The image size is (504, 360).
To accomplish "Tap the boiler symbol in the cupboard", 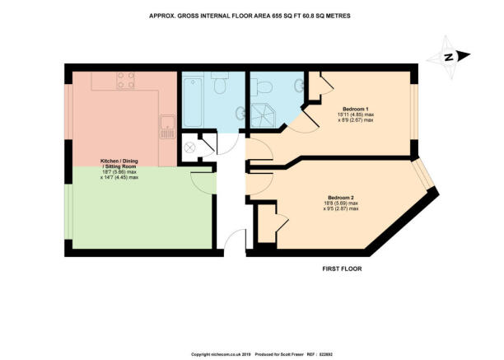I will [x=189, y=147].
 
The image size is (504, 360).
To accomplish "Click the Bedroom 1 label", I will [x=356, y=108].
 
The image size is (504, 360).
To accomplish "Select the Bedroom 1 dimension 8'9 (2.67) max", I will [x=356, y=120].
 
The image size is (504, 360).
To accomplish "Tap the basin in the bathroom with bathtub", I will [x=240, y=112].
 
